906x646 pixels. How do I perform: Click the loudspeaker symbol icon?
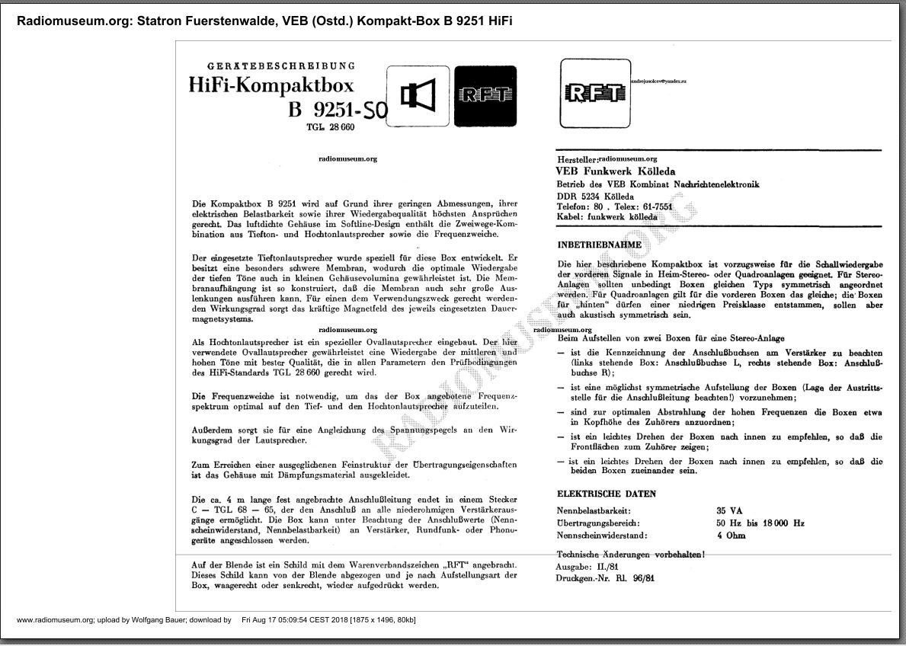[x=418, y=96]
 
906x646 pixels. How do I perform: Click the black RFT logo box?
[x=485, y=96]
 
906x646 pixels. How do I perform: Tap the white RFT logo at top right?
[x=594, y=93]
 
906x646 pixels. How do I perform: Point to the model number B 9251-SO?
[x=338, y=111]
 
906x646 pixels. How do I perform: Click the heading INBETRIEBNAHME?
[x=599, y=245]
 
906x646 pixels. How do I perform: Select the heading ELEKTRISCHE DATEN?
[x=607, y=494]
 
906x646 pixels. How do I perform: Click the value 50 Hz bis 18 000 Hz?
[x=760, y=523]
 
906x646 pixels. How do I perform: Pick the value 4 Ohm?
[x=731, y=536]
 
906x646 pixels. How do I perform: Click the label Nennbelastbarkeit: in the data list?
[x=594, y=510]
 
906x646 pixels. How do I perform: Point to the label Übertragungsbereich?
[x=597, y=523]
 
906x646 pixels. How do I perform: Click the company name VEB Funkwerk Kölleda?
[x=615, y=172]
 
